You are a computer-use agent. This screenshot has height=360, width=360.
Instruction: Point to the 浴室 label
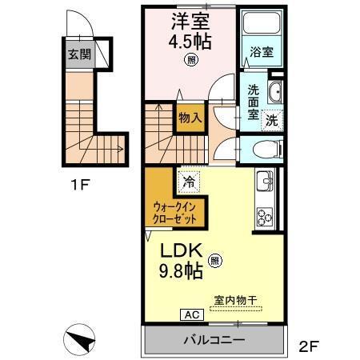click(261, 53)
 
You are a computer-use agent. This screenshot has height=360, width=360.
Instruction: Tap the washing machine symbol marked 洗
click(272, 121)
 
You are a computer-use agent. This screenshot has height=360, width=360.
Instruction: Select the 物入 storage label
click(190, 118)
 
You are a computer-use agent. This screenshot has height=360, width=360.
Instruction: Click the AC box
click(193, 314)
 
